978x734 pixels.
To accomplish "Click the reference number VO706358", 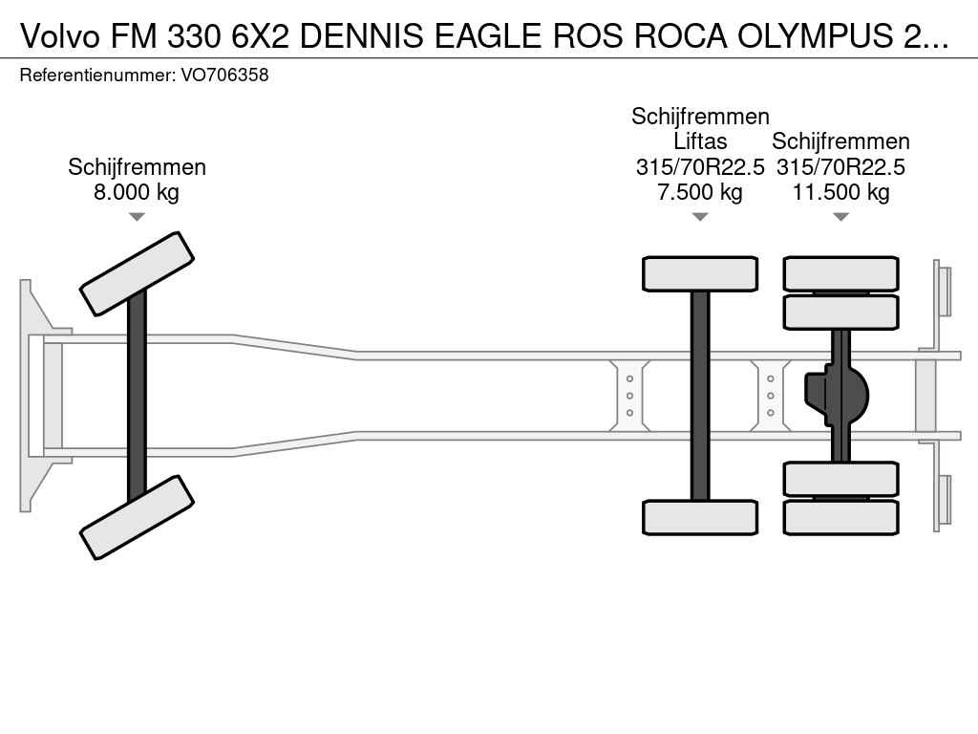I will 224,75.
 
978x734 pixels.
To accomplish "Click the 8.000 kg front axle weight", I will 137,192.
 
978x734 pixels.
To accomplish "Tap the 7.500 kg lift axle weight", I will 700,192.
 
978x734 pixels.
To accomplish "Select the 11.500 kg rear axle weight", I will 840,192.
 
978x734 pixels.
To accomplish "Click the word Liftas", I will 700,142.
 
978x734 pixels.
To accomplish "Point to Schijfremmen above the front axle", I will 137,167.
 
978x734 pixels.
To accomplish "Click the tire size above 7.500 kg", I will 700,167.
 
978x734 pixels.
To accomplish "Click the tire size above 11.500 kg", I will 840,167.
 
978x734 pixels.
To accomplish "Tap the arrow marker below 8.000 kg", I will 137,217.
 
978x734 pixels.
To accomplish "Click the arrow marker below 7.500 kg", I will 700,217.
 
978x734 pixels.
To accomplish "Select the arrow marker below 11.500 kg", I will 840,217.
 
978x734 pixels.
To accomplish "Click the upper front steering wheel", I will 137,273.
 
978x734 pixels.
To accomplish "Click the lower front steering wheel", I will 137,517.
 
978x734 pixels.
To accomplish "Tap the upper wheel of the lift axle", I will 700,273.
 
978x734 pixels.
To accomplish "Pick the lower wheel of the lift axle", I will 700,517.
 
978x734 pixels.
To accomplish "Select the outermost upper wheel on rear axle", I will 840,273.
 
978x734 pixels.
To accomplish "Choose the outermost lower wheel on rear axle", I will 840,517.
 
